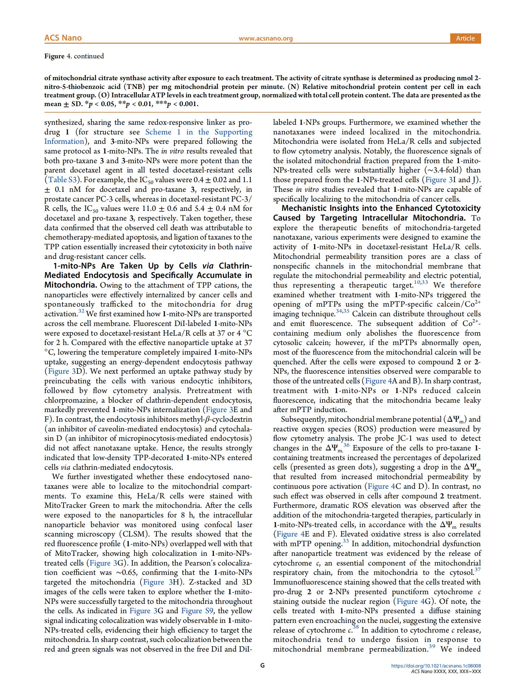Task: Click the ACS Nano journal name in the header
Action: (x=63, y=38)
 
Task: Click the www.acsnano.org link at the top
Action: (x=265, y=39)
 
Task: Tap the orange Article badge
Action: (x=465, y=38)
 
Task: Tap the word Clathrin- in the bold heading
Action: (x=235, y=266)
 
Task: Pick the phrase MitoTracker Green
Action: (x=73, y=505)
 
